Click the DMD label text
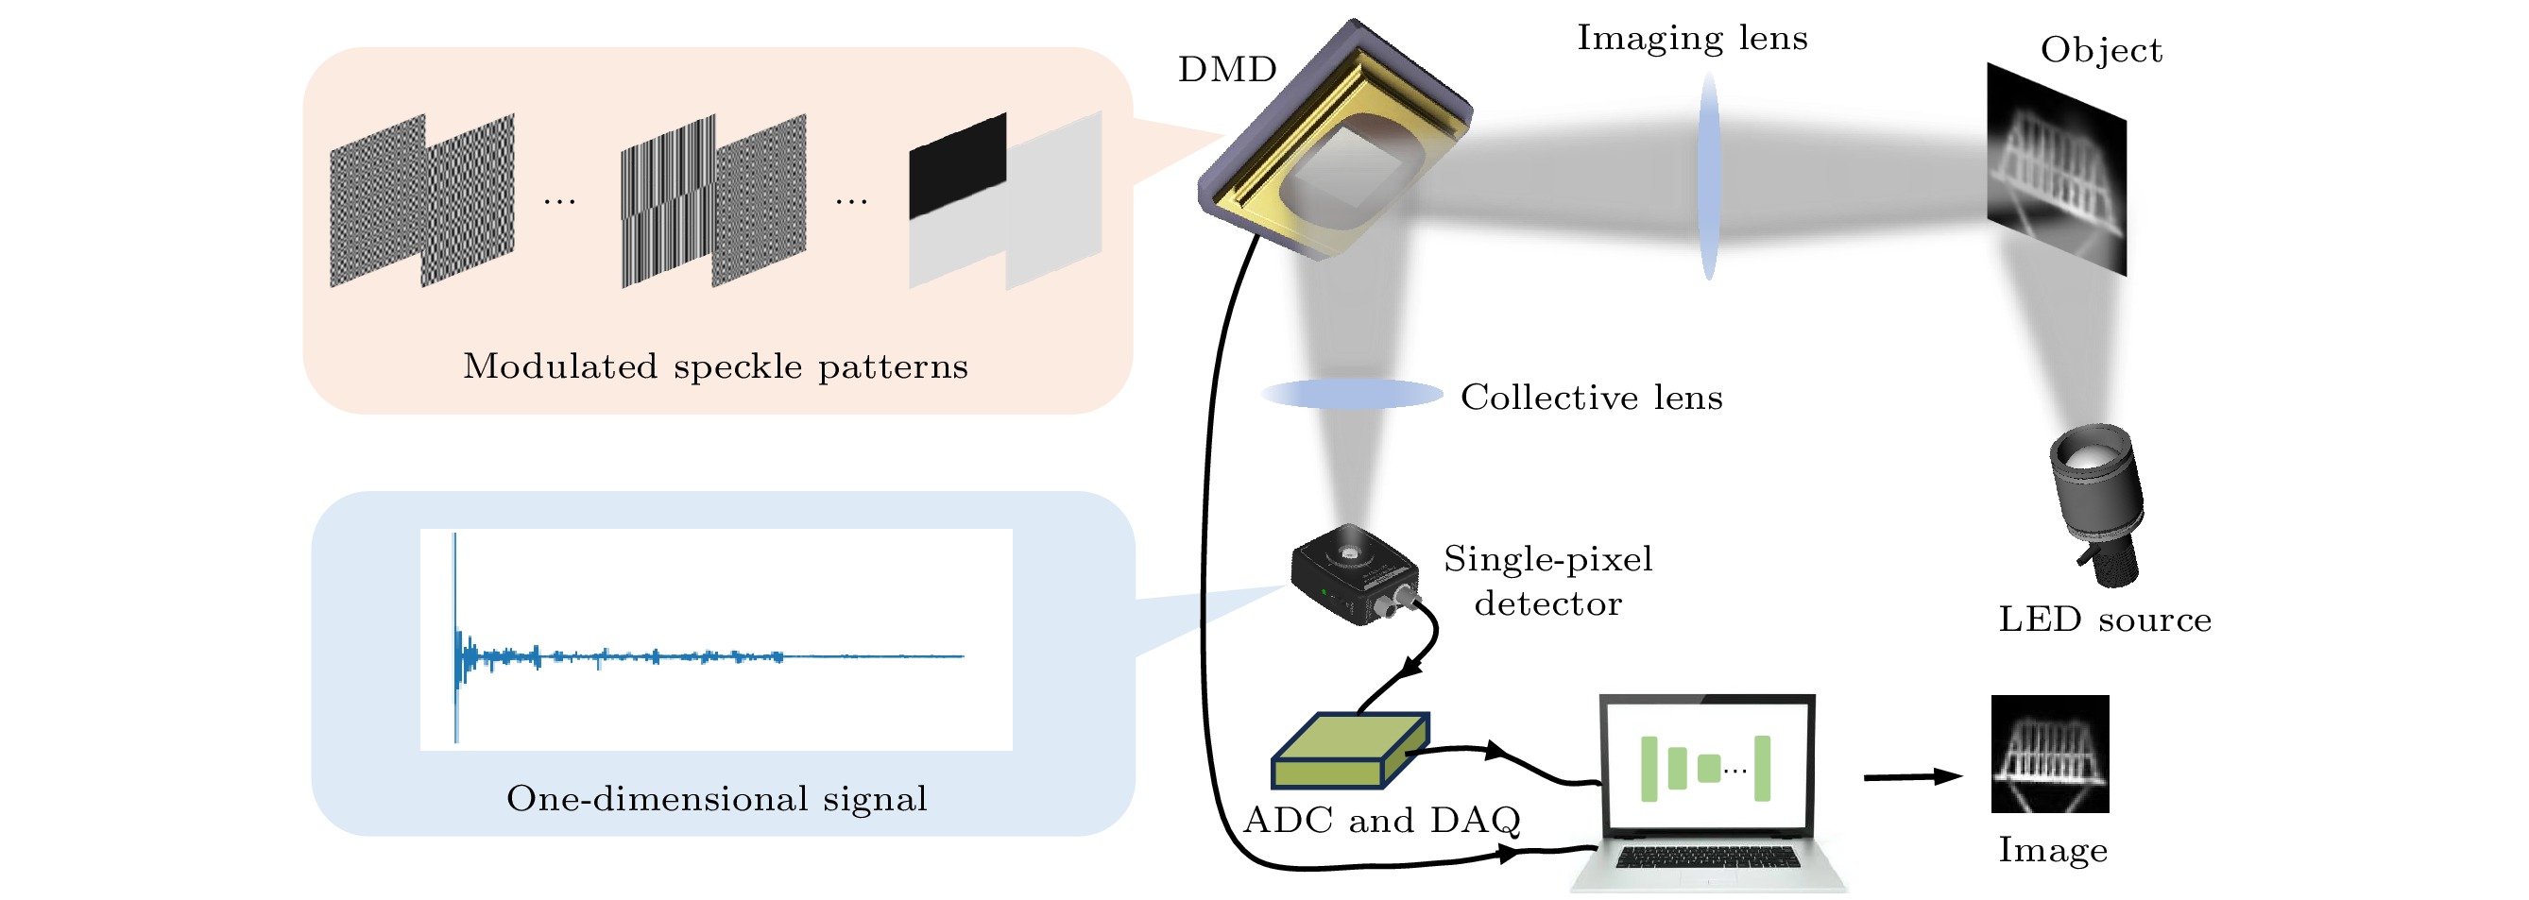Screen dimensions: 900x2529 tap(1227, 70)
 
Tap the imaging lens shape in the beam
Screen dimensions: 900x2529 tap(1709, 177)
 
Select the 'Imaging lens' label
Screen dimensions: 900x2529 tap(1692, 39)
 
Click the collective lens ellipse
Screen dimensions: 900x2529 tap(1352, 395)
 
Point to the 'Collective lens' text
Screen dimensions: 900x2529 tap(1592, 398)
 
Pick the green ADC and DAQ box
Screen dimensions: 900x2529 tap(1350, 752)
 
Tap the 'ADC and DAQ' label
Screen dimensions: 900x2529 tap(1381, 821)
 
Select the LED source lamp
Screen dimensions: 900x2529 tap(2097, 501)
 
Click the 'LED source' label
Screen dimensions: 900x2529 tap(2105, 620)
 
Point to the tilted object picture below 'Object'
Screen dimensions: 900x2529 tap(2057, 169)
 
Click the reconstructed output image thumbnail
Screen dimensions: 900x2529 tap(2050, 754)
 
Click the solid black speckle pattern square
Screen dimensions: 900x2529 tap(957, 165)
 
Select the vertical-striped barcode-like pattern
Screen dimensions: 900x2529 tap(668, 201)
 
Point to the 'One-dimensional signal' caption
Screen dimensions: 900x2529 tap(717, 799)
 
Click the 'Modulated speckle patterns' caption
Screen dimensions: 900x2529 tap(716, 367)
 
